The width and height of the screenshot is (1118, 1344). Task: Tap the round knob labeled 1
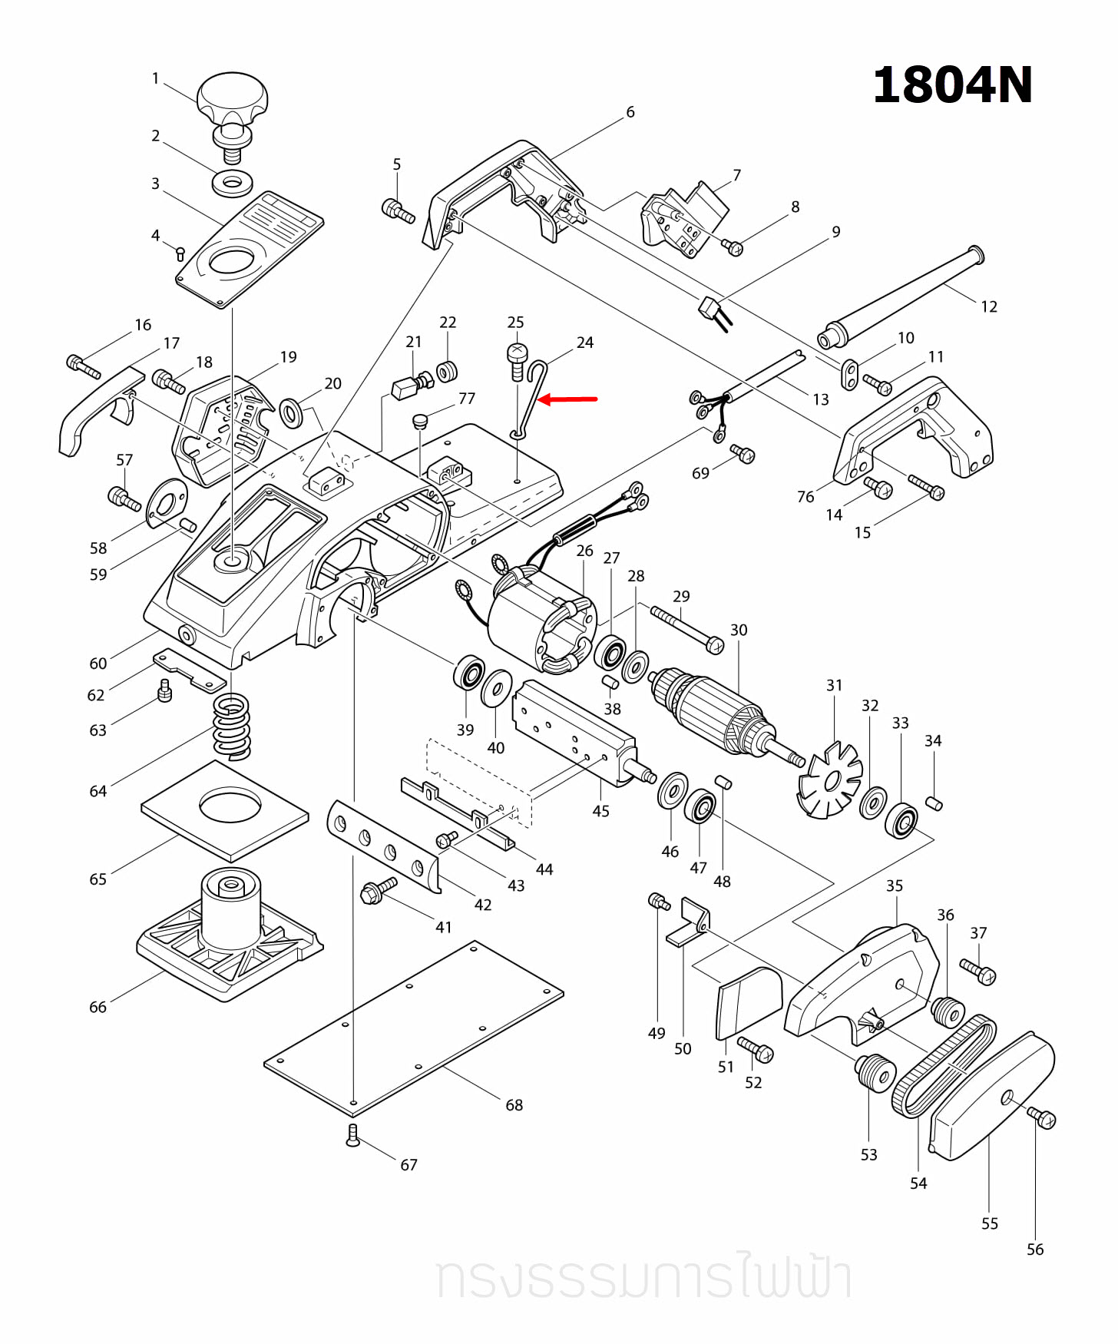pos(232,98)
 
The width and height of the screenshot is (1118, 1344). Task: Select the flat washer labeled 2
pos(232,184)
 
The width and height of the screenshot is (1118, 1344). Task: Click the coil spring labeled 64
pos(231,726)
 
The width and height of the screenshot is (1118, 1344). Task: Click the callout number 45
pos(600,811)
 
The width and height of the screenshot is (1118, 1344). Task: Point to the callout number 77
pos(467,399)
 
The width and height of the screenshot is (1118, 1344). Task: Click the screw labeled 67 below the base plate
pos(352,1135)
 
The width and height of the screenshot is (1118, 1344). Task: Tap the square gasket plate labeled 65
pos(225,811)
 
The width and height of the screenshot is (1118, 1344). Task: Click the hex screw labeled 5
pos(397,210)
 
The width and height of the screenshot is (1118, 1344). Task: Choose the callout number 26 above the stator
pos(584,551)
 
